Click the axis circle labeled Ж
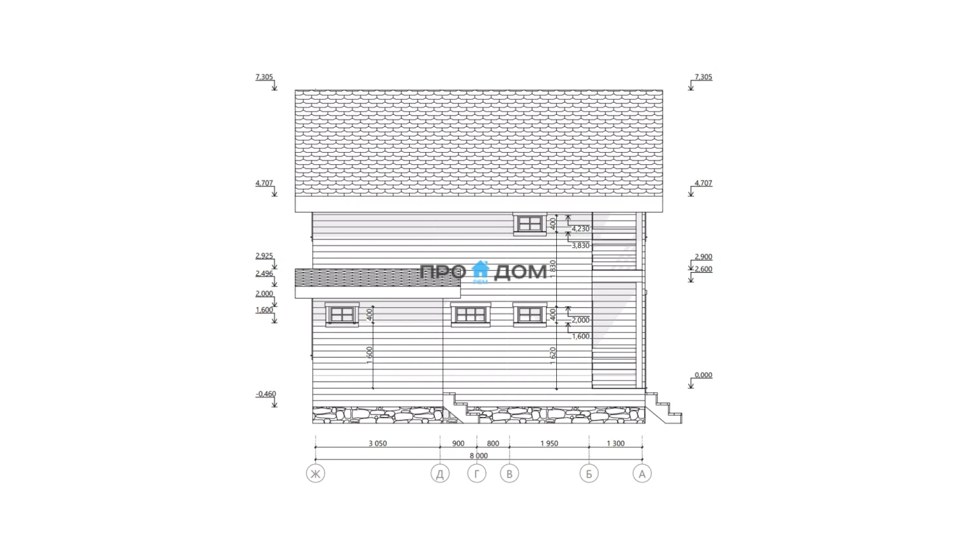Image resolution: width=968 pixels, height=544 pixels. [x=316, y=474]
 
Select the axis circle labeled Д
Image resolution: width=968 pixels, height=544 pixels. [x=440, y=474]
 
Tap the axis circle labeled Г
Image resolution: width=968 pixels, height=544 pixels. [x=477, y=474]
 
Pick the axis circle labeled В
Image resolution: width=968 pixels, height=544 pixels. [x=510, y=474]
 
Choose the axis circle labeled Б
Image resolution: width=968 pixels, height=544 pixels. [x=589, y=474]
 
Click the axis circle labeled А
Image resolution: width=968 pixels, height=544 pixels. [x=642, y=474]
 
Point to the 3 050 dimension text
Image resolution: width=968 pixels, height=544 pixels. [x=378, y=443]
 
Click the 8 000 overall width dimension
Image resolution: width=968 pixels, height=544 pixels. [x=479, y=456]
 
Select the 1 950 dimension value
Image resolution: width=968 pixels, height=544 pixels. [x=549, y=443]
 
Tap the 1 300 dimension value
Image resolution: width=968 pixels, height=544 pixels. [x=616, y=443]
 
